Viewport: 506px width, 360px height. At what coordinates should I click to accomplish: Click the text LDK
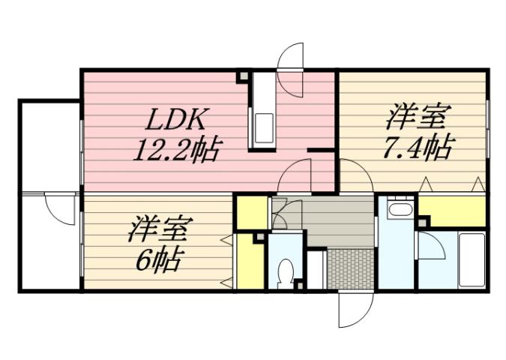(177, 120)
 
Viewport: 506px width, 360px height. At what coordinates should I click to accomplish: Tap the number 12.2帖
(177, 151)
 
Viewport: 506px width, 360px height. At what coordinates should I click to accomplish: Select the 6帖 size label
(158, 260)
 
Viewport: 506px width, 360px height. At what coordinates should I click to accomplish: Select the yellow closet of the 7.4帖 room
(453, 211)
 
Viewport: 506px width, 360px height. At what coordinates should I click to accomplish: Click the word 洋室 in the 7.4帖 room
(418, 118)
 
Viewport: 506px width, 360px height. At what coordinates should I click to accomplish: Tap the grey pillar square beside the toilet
(298, 284)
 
